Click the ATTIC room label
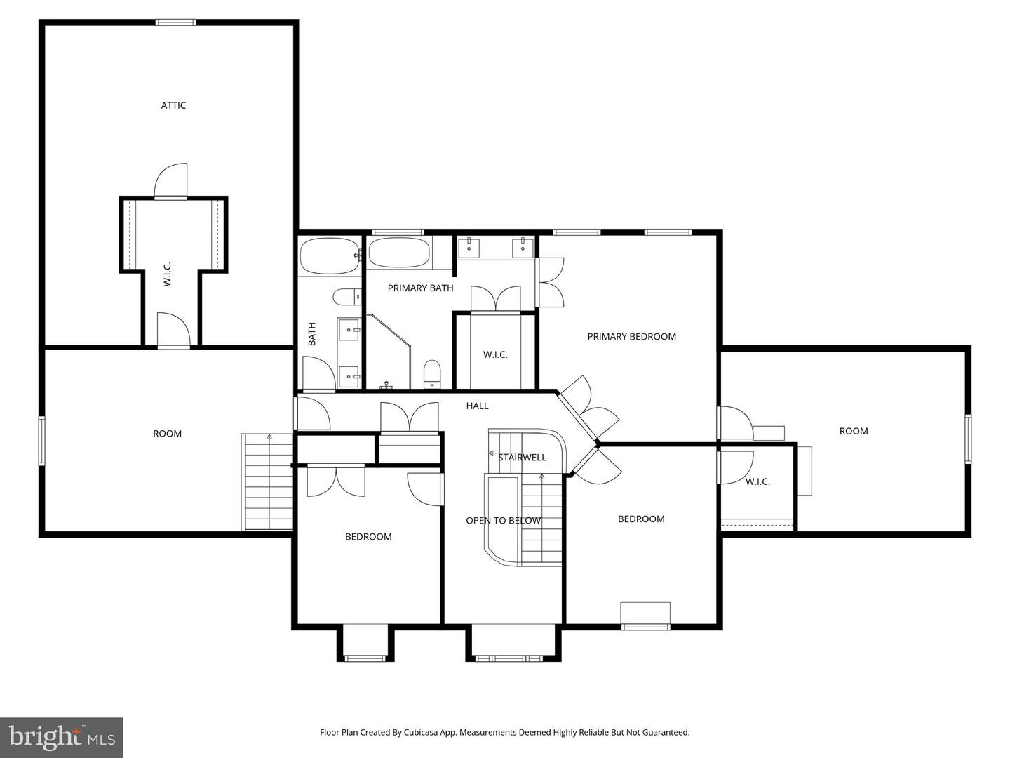173,105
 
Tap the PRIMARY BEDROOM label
631,336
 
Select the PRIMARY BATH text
420,288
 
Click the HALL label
477,406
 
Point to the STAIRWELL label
522,458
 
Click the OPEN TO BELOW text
503,520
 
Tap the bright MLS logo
62,737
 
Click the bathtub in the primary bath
399,253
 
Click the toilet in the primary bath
432,373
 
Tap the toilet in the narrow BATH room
345,298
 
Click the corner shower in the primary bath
387,351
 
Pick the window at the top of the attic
175,22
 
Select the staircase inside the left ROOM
267,481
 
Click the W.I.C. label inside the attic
167,274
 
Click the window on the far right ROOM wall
967,439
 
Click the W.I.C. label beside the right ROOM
757,481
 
